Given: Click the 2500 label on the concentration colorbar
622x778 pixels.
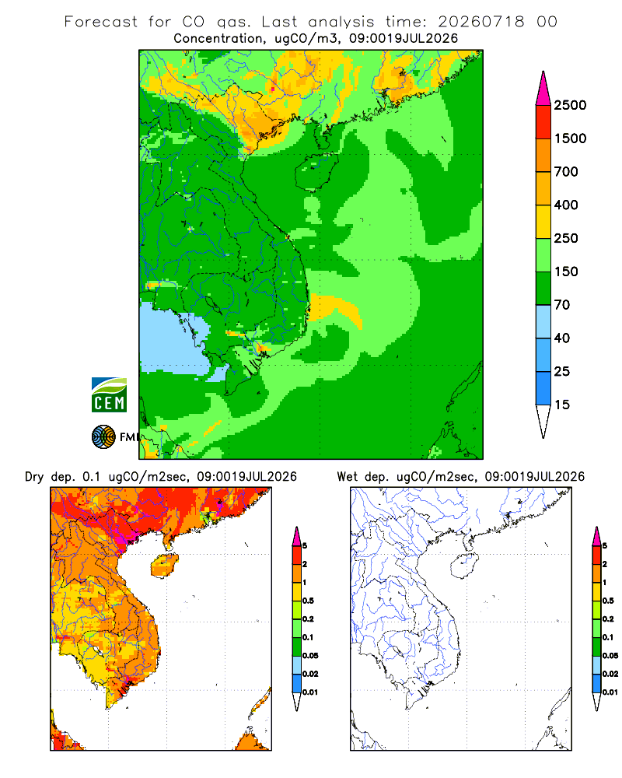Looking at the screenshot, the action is (570, 105).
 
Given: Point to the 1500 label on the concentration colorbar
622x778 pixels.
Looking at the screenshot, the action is (570, 138).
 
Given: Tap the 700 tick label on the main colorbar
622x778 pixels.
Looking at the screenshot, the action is (566, 172).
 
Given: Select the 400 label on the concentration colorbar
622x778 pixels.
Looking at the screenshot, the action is (566, 205).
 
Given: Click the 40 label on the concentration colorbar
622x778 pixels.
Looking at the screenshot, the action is (562, 338).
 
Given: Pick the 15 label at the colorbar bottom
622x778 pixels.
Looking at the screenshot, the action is (562, 405).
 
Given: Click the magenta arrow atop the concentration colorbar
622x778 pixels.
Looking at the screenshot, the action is (543, 89).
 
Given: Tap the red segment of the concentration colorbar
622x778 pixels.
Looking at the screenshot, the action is (543, 122).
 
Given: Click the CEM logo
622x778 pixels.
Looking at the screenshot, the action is (109, 395).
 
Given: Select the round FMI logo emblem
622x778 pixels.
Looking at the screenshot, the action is (103, 437).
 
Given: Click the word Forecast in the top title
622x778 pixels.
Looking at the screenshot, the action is (101, 22).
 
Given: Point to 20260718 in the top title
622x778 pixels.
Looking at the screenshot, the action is (480, 22).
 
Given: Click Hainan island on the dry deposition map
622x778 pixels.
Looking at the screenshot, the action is (164, 566).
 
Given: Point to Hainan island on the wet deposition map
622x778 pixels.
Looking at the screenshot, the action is (463, 566).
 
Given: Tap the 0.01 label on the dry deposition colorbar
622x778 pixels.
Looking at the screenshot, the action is (310, 692).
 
